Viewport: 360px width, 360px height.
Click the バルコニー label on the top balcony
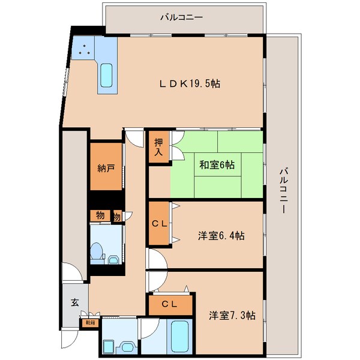(181, 17)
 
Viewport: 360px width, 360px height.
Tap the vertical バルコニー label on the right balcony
(283, 192)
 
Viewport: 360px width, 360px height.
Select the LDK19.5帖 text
(189, 84)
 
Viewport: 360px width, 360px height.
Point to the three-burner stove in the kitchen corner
(84, 50)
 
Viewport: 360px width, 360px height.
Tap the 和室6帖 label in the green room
(217, 164)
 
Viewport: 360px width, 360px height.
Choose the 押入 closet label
(158, 146)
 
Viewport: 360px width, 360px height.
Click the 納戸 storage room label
(106, 169)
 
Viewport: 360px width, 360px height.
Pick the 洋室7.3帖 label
(232, 315)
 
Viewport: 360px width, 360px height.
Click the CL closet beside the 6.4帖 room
(159, 225)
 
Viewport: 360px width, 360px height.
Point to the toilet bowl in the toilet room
(96, 253)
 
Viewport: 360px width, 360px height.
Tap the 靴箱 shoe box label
(90, 323)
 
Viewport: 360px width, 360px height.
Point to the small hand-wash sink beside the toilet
(114, 260)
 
